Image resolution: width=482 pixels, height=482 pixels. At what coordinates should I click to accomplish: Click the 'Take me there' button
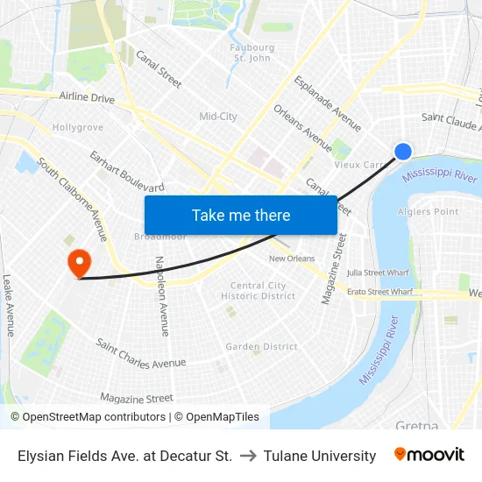(241, 216)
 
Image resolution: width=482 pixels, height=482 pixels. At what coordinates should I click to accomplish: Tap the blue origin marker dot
(403, 152)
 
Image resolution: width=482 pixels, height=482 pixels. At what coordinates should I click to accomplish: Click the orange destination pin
(79, 262)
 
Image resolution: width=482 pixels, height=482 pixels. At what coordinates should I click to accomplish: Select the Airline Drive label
(87, 98)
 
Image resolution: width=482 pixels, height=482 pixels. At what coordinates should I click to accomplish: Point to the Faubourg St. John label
(252, 53)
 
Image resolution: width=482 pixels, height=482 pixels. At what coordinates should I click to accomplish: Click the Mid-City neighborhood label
(218, 117)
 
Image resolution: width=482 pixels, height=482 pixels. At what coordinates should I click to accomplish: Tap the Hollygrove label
(78, 128)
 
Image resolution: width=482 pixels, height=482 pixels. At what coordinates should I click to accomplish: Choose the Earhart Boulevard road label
(126, 171)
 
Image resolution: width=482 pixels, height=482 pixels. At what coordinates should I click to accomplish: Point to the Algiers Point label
(429, 212)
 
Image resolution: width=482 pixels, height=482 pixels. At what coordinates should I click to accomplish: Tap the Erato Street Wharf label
(379, 292)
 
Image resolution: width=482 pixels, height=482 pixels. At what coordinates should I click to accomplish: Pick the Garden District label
(261, 347)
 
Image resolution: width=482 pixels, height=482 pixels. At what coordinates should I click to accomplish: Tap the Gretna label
(416, 426)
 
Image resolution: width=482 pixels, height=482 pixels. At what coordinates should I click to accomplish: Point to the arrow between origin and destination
(248, 456)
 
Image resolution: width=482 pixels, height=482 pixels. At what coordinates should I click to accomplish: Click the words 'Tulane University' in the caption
(320, 456)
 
